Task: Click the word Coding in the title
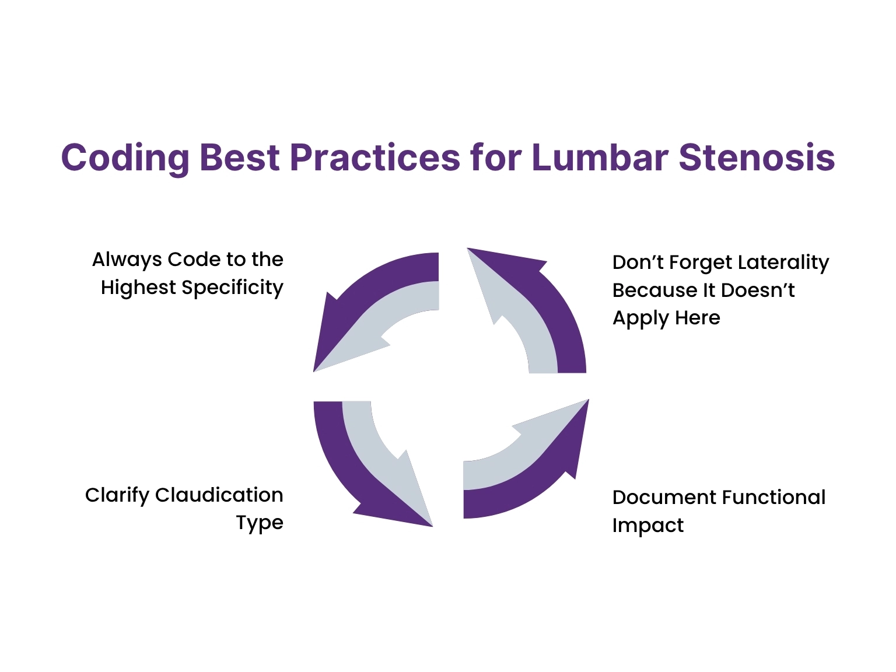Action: (125, 159)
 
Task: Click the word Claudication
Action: (219, 495)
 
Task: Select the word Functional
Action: (773, 498)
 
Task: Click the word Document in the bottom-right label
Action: (664, 498)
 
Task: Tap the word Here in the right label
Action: (698, 318)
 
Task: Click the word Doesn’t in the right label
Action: (758, 290)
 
